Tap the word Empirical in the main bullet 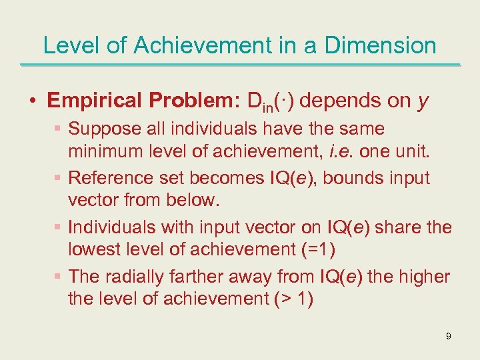pyautogui.click(x=95, y=101)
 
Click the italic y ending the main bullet pyautogui.click(x=423, y=102)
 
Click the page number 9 pyautogui.click(x=449, y=336)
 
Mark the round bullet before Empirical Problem pyautogui.click(x=33, y=101)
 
